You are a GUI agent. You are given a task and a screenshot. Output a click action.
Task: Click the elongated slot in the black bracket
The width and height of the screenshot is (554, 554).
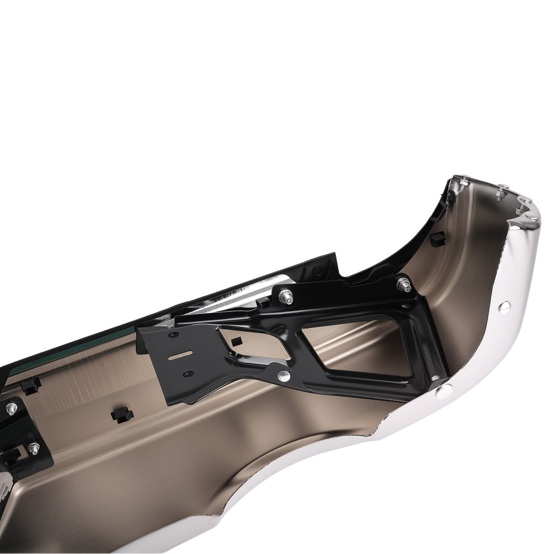181,355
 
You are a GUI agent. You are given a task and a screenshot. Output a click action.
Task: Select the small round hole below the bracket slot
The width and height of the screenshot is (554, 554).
188,373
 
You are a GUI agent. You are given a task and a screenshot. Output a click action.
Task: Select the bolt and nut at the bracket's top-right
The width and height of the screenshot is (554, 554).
404,285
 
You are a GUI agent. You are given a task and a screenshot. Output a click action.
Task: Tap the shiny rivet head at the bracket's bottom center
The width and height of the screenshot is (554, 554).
284,377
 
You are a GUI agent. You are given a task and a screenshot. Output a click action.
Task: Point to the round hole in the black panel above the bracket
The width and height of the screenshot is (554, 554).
317,270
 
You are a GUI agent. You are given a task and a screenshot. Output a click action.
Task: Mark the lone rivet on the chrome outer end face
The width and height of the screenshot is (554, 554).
504,306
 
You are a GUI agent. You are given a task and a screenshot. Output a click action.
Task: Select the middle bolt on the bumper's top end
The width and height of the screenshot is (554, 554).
502,190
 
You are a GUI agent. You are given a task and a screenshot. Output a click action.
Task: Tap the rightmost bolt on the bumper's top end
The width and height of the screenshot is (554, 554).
524,203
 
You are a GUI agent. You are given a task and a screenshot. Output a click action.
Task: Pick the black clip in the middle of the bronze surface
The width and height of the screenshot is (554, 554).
121,414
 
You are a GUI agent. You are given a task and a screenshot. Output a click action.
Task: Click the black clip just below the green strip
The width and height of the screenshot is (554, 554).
31,384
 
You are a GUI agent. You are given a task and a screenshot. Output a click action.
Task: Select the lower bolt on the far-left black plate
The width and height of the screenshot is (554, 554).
33,448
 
